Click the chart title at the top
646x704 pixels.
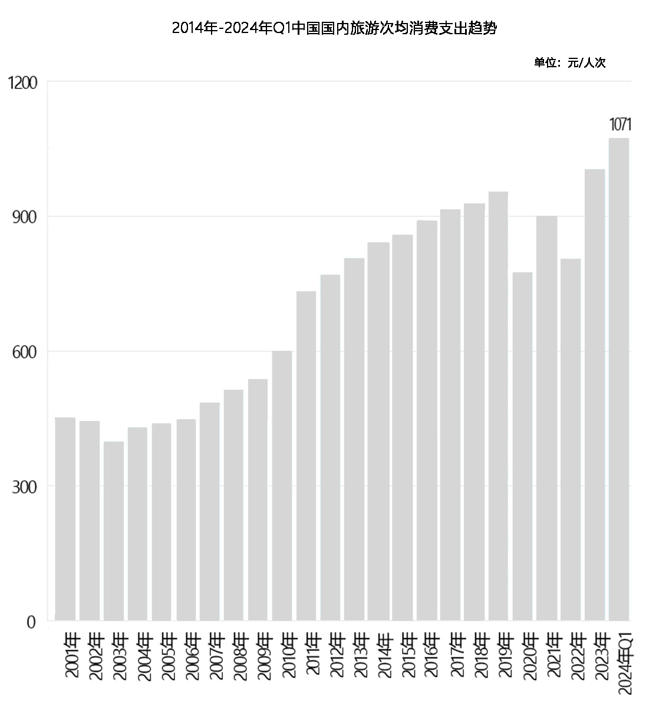334,28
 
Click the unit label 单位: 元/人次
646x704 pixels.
569,63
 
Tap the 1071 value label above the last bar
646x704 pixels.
620,124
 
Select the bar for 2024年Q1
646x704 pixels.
619,379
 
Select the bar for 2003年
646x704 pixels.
114,531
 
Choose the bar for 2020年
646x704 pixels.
522,446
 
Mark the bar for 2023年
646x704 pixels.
595,394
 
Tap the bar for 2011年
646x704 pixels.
306,456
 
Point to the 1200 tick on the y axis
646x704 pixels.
24,83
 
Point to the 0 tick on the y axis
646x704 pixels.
31,622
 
